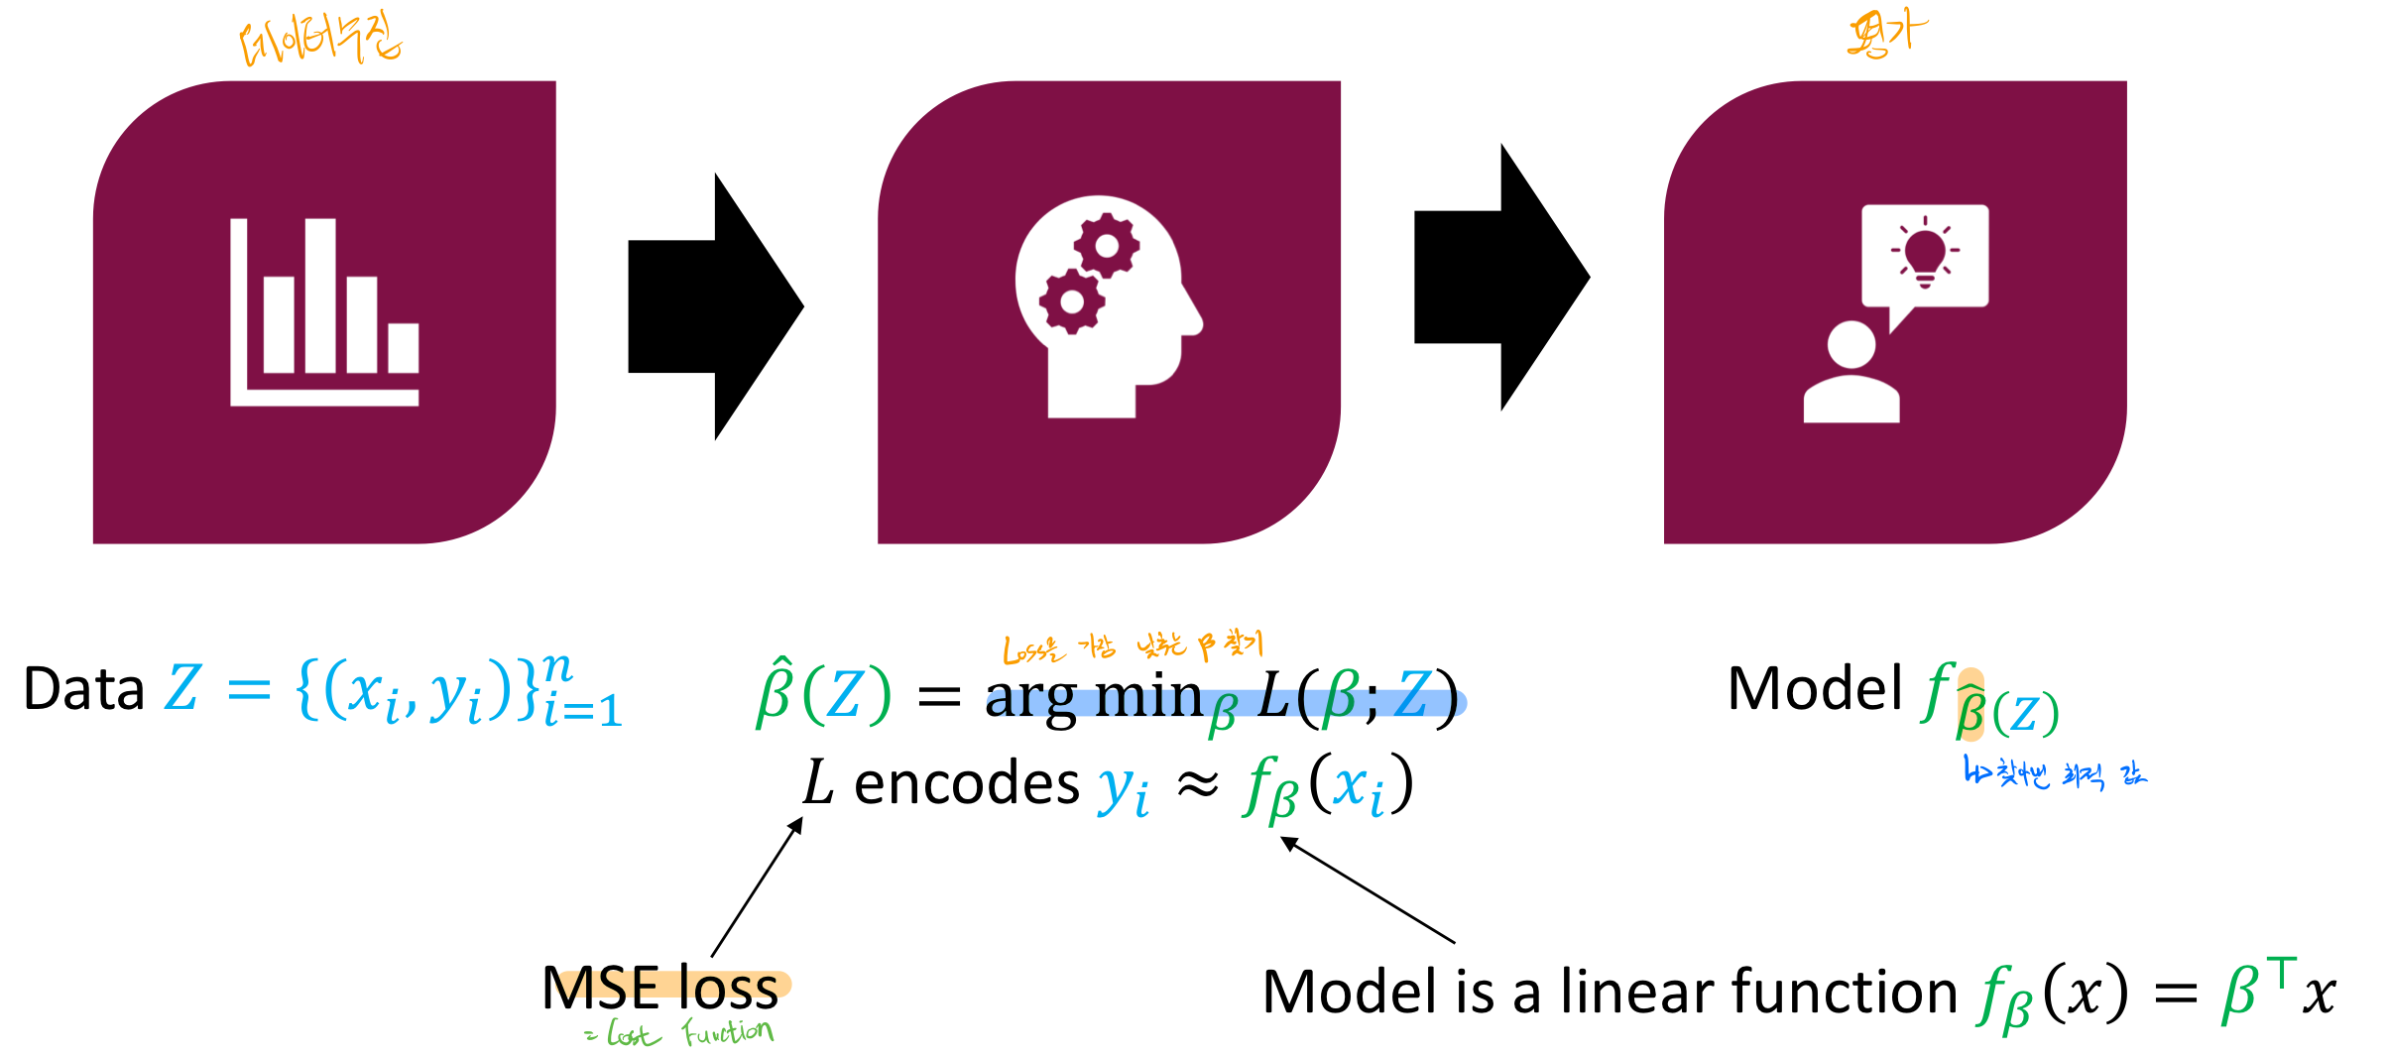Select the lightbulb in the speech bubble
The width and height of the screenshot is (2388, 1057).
pyautogui.click(x=1925, y=254)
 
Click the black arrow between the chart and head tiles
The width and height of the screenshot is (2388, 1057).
pyautogui.click(x=715, y=306)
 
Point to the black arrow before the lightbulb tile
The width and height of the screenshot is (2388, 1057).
pyautogui.click(x=1500, y=278)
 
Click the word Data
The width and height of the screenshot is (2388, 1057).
pyautogui.click(x=83, y=689)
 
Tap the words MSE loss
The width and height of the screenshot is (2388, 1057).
pyautogui.click(x=660, y=988)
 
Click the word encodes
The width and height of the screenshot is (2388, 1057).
pyautogui.click(x=966, y=783)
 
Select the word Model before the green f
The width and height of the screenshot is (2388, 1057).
pyautogui.click(x=1815, y=688)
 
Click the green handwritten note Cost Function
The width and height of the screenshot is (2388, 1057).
pyautogui.click(x=680, y=1034)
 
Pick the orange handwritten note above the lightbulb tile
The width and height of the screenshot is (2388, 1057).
pyautogui.click(x=1887, y=34)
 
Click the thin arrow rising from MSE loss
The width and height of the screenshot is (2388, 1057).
pyautogui.click(x=756, y=887)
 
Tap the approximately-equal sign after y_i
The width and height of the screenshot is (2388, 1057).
pyautogui.click(x=1198, y=784)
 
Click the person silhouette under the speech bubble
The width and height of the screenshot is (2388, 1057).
pyautogui.click(x=1851, y=373)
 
